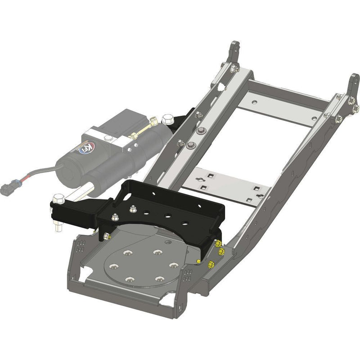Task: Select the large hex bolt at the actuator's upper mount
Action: click(x=167, y=120)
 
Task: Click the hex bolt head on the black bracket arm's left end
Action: click(x=58, y=198)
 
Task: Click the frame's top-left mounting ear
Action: click(x=234, y=52)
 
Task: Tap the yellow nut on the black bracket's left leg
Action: click(x=108, y=236)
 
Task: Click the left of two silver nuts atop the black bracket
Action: click(x=116, y=216)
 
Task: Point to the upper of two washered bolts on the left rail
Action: click(x=198, y=131)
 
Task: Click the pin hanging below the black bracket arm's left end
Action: click(x=58, y=224)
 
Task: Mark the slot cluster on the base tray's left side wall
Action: click(x=80, y=246)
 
